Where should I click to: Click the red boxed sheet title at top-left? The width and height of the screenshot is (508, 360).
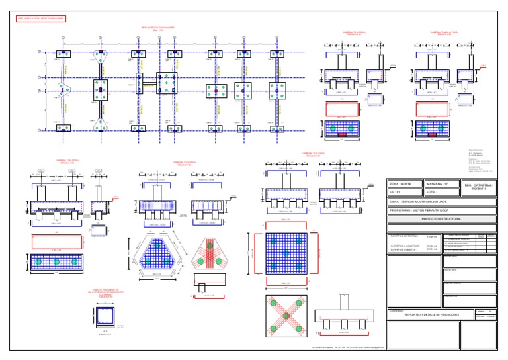pos(40,19)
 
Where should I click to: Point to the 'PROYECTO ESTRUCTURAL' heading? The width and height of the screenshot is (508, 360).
pos(441,218)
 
